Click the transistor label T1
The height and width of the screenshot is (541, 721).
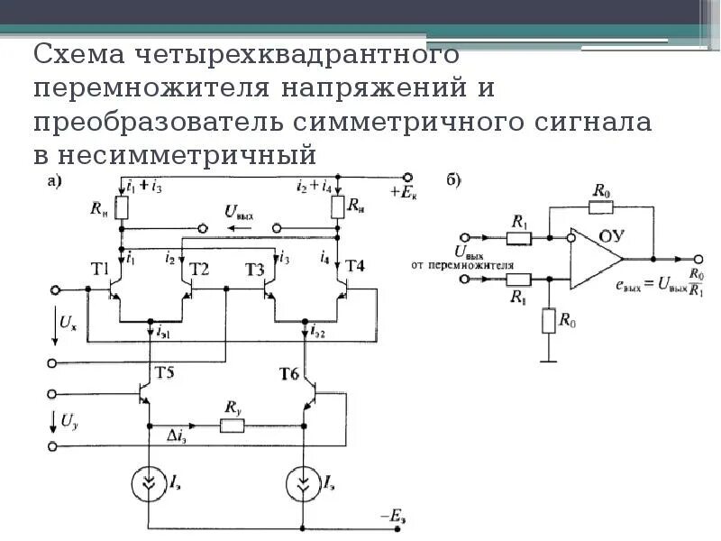coord(100,268)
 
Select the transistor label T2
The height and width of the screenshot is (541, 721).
coord(199,268)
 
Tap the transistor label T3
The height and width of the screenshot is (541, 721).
coord(255,268)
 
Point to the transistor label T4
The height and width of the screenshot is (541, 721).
coord(355,266)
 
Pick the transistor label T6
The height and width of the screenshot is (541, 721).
coord(288,371)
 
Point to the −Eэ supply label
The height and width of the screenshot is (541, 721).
coord(395,515)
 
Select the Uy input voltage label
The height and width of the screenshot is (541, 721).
coord(68,420)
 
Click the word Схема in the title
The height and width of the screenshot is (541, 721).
coord(80,56)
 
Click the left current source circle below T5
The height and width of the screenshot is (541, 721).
coord(147,482)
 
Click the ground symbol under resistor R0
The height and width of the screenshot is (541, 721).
coord(544,361)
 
